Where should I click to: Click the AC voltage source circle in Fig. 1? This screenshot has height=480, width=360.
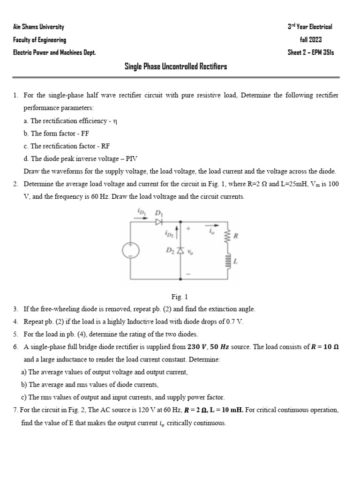click(130, 251)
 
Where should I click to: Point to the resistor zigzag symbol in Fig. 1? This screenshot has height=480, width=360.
click(228, 237)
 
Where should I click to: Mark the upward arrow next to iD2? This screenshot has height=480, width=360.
click(176, 233)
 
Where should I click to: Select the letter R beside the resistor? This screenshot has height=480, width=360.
click(236, 237)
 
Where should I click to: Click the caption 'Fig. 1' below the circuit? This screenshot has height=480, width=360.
click(180, 297)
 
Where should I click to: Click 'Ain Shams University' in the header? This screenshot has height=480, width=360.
click(38, 27)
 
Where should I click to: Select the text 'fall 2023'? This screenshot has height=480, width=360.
click(310, 40)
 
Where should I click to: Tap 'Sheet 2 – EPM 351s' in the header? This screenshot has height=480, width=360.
click(311, 52)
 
